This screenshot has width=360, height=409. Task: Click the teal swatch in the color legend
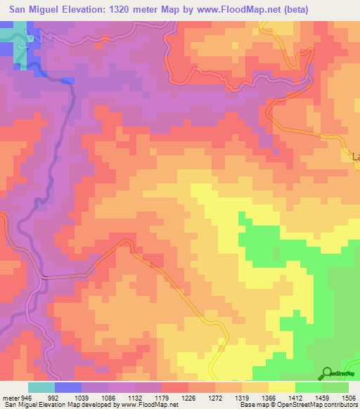[x=41, y=387]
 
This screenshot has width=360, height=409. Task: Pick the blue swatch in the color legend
[x=67, y=387]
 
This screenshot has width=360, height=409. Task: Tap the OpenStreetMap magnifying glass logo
[x=326, y=373]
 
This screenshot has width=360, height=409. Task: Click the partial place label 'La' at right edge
[x=355, y=157]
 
